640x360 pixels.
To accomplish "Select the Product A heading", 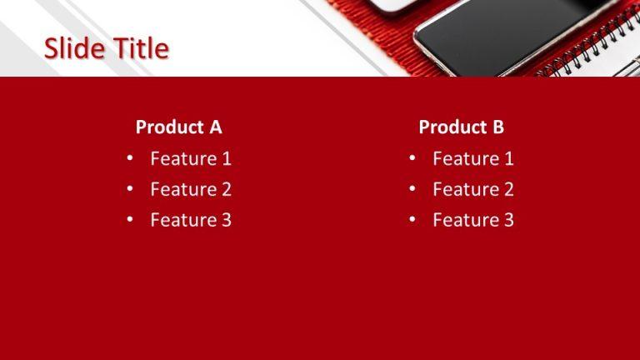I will click(x=178, y=127).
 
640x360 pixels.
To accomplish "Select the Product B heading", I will click(x=461, y=127).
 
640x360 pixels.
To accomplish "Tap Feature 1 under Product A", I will click(x=191, y=158).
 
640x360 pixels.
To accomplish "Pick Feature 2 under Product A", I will click(x=191, y=189).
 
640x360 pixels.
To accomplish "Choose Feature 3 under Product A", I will click(x=191, y=220).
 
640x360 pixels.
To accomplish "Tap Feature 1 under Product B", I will click(x=473, y=158).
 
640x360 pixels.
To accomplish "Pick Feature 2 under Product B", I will click(x=473, y=189).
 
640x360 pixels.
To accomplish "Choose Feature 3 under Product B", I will click(x=473, y=220).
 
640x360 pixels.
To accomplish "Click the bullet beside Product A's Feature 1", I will click(x=130, y=158).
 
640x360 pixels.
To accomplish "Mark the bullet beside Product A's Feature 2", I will click(x=130, y=189).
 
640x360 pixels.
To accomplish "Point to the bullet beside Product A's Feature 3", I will click(x=130, y=220).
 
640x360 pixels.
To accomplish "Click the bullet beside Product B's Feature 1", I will click(x=412, y=158).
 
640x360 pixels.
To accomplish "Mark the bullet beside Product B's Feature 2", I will click(x=412, y=189).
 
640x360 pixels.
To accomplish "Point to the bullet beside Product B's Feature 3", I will click(x=412, y=220).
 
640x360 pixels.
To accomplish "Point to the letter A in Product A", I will click(x=215, y=127).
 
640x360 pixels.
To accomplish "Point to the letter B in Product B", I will click(x=497, y=127).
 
